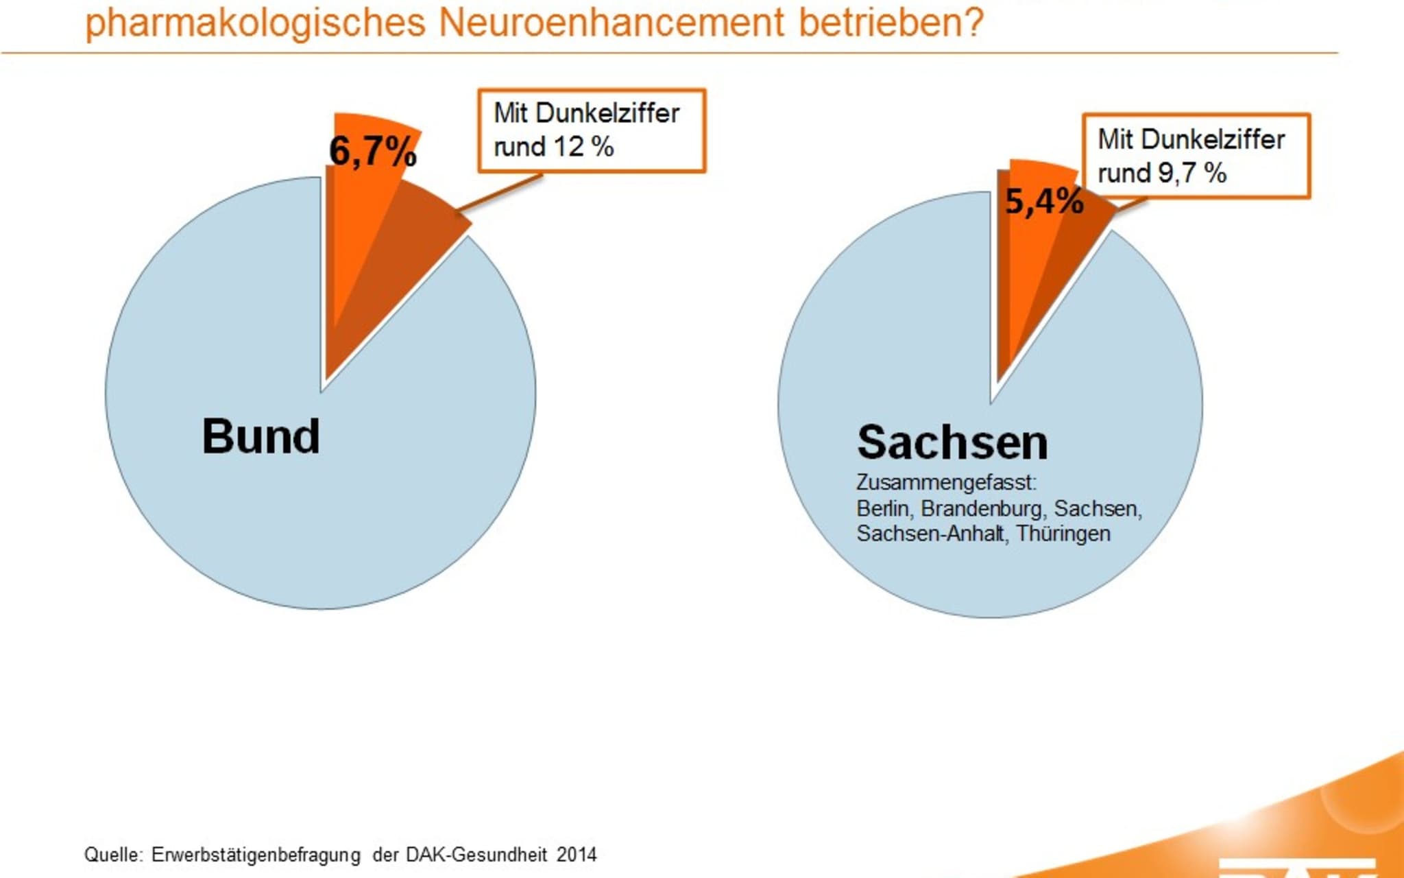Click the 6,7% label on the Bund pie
(x=372, y=151)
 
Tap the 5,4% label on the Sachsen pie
(x=1044, y=202)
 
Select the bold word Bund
(x=261, y=436)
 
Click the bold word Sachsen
(x=952, y=442)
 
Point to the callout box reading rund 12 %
(x=591, y=130)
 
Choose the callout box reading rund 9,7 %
(x=1196, y=156)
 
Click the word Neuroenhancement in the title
(x=611, y=22)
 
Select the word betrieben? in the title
(x=891, y=22)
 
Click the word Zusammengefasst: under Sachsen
(x=946, y=483)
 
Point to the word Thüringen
(x=1063, y=534)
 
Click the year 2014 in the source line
(x=577, y=855)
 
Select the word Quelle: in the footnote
(x=113, y=855)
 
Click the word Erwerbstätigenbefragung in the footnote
(x=256, y=855)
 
